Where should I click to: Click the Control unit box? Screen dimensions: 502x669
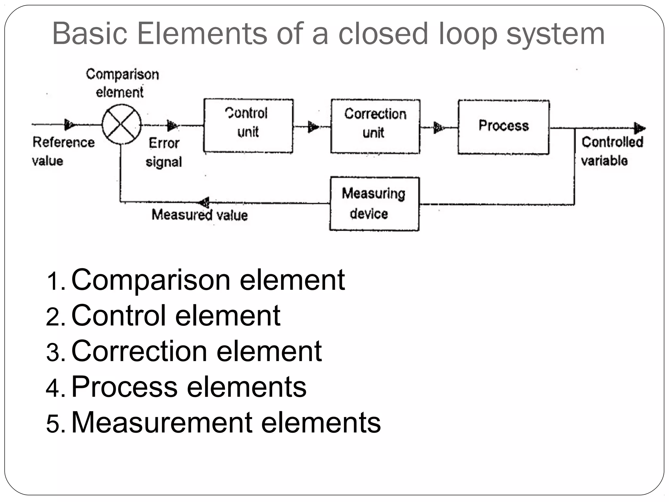coord(248,126)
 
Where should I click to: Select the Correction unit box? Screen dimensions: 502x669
coord(375,126)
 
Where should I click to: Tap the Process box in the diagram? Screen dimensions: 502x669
coord(503,127)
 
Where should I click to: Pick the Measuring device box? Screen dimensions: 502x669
coord(374,204)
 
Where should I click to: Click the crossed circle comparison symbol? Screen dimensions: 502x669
coord(122,124)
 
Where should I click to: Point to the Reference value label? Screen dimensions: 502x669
coord(63,151)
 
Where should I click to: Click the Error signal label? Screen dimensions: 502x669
coord(164,152)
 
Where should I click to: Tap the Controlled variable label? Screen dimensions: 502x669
coord(612,151)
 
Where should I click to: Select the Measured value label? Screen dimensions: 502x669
coord(200,215)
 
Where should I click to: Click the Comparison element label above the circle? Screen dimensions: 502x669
coord(122,83)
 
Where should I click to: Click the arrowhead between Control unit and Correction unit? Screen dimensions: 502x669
coord(313,126)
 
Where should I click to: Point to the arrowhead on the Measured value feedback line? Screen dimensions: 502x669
coord(204,202)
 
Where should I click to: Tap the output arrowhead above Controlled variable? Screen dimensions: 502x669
coord(639,128)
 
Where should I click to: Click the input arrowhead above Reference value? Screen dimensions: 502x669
coord(70,124)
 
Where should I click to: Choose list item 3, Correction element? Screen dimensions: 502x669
coord(196,351)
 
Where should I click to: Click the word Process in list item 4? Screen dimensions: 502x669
coord(124,387)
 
